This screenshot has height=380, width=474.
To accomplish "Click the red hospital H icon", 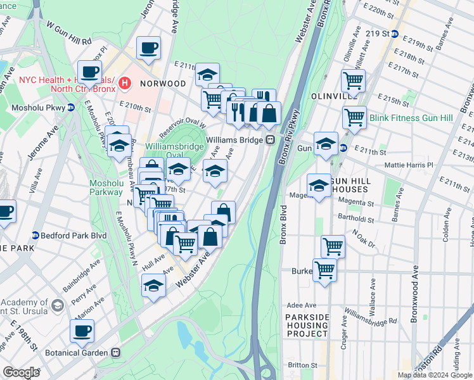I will (x=125, y=83).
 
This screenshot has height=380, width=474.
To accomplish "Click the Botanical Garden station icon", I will (x=115, y=353).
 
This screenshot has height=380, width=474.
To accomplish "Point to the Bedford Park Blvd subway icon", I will (x=35, y=235).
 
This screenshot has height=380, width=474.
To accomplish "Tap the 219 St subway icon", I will (x=395, y=34).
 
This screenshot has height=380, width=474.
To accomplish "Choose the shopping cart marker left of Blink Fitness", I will (x=354, y=117).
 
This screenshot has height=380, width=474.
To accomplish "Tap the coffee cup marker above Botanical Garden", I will (x=82, y=330).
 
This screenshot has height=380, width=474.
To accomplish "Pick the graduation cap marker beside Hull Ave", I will (x=153, y=286).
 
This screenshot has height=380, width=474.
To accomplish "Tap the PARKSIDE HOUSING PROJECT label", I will (x=306, y=326).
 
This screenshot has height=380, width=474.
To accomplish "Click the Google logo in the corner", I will (x=21, y=372).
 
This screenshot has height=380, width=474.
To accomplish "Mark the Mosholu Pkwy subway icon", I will (x=71, y=108).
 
